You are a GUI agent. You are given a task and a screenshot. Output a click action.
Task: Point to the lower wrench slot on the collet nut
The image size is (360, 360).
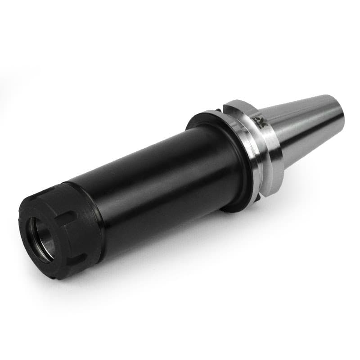[x=77, y=260]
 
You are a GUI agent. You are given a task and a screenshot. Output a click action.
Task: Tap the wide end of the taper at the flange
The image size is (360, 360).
[x=277, y=135]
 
